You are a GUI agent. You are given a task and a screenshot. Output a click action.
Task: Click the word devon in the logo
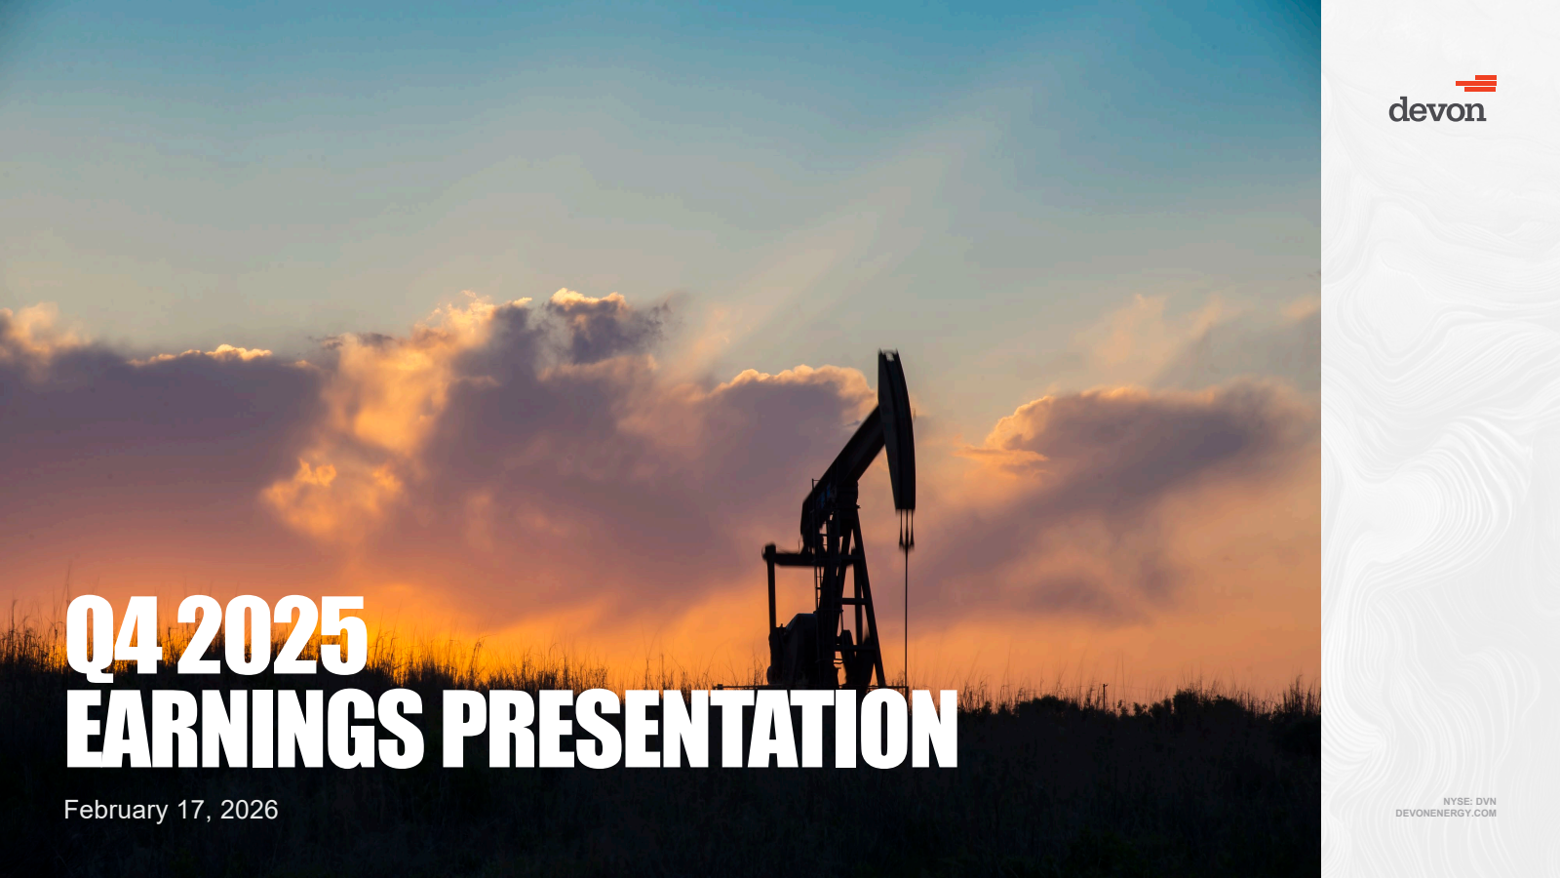pos(1437,109)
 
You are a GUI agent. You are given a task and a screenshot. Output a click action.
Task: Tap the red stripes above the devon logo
pos(1476,84)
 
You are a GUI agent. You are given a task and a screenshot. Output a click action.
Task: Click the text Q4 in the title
pos(113,636)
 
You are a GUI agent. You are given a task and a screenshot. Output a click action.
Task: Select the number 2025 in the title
pos(272,635)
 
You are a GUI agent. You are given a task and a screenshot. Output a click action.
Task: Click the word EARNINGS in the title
pos(245,730)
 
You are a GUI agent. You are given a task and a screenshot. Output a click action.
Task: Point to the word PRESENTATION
pos(700,730)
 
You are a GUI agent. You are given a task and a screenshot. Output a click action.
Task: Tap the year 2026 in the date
pos(249,810)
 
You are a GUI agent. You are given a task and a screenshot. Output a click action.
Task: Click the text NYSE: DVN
pos(1469,801)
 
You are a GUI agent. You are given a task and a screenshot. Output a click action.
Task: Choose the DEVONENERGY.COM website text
pos(1446,814)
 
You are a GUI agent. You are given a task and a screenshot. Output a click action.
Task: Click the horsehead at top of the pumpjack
pos(896,428)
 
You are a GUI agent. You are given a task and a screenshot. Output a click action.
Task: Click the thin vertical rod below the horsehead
pos(906,614)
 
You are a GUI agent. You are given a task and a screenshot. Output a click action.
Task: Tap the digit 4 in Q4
pos(139,635)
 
